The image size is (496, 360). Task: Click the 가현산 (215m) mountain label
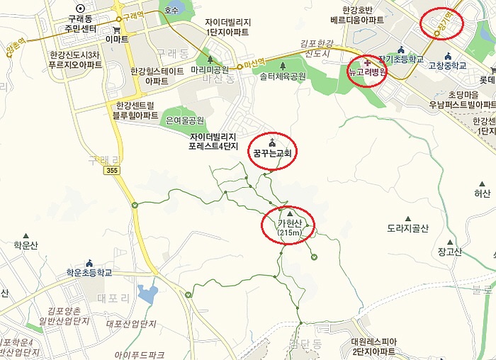[x=289, y=227]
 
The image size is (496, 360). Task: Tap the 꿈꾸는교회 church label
[x=273, y=152]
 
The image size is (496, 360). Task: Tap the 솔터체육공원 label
[x=282, y=75]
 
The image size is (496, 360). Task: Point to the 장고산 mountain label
[x=450, y=251]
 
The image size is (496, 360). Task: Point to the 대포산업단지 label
[x=130, y=325]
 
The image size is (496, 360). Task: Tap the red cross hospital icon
[x=356, y=63]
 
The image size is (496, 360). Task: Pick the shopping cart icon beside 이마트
[x=115, y=30]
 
